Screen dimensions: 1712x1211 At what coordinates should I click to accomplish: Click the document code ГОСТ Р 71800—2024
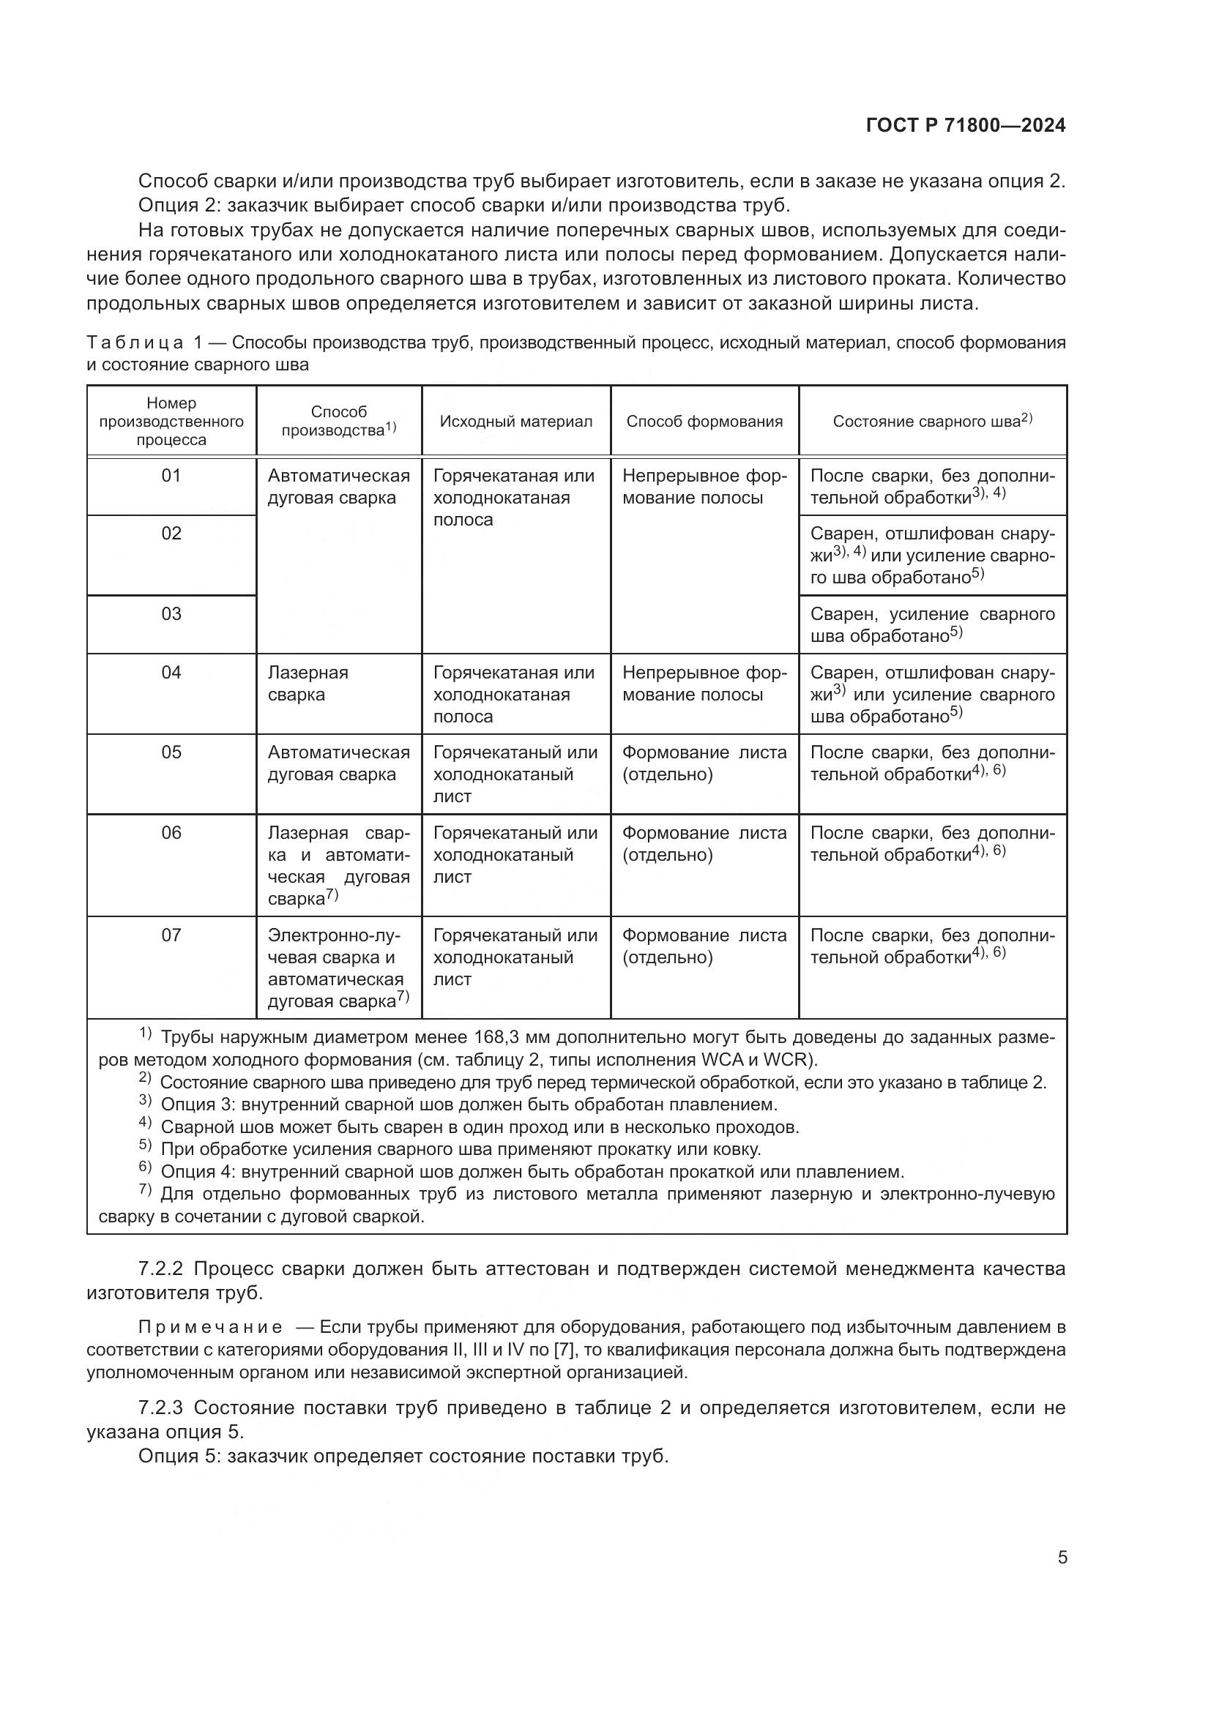(965, 125)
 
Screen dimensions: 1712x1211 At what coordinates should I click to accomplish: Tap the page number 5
(1062, 1557)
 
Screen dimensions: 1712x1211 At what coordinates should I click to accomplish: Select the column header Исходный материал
(515, 422)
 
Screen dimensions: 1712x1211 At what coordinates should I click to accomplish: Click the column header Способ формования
(704, 422)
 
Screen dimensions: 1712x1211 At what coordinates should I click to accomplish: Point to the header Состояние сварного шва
(932, 422)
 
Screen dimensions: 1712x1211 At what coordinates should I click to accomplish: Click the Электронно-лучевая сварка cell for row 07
(338, 968)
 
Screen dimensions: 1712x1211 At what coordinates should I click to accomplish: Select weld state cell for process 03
(932, 625)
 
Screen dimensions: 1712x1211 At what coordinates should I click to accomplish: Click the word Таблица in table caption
(135, 343)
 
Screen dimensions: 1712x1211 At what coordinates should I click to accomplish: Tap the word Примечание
(210, 1327)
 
